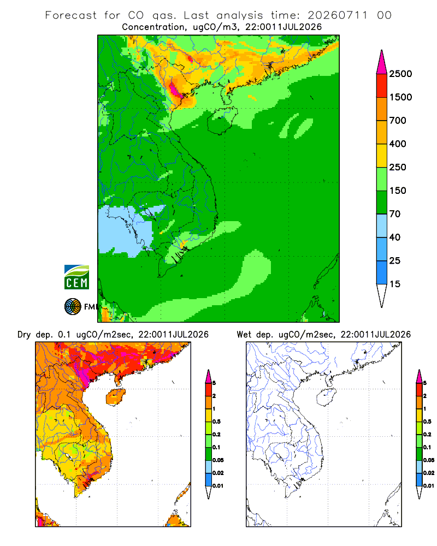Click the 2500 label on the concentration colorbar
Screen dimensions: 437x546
tap(400, 74)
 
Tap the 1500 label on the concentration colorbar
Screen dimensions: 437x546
tap(400, 97)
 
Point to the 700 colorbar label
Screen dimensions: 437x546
tap(398, 121)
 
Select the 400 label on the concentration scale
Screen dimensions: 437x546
tap(398, 144)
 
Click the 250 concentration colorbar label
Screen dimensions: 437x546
tap(398, 167)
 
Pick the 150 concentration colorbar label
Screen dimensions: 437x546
tap(398, 191)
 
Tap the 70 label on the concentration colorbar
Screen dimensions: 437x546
tap(395, 214)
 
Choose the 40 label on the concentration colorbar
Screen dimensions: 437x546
tap(395, 237)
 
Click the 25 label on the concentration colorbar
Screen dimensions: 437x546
tap(395, 260)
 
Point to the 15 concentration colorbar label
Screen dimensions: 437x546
tap(395, 284)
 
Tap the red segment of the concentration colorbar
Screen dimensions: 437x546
tap(382, 86)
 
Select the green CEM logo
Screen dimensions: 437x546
tap(76, 277)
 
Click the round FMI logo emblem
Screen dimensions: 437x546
tap(73, 307)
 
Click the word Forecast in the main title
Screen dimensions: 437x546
tap(71, 15)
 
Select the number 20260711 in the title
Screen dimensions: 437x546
tap(338, 15)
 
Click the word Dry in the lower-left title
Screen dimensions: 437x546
tap(24, 335)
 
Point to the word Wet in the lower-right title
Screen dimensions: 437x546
tap(244, 335)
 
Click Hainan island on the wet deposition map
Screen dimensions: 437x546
tap(326, 397)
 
